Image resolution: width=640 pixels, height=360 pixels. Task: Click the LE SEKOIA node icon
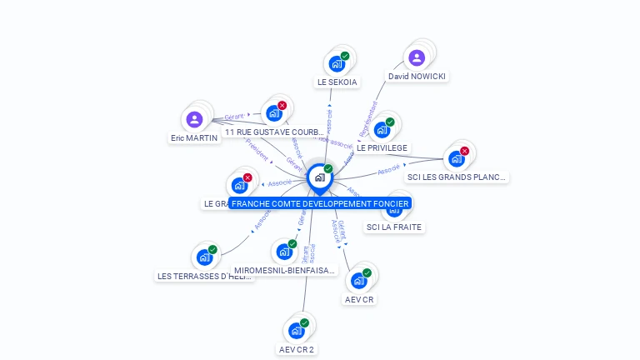337,64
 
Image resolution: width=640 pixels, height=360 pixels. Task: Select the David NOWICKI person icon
416,57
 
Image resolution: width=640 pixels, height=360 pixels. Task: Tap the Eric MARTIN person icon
194,119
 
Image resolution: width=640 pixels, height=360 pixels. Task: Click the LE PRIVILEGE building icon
382,130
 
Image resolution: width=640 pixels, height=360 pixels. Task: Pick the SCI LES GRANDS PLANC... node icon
456,158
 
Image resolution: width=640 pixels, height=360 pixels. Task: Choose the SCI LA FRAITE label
394,227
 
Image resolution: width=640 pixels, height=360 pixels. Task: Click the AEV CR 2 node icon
296,331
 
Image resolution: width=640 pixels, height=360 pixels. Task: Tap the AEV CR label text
359,299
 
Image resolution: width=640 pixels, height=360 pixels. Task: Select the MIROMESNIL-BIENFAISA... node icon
284,252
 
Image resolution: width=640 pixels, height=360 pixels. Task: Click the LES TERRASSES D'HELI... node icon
204,257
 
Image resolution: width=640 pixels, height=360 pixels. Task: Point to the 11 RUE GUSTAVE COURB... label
274,132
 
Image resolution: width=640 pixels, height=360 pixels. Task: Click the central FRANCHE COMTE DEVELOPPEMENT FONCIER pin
319,177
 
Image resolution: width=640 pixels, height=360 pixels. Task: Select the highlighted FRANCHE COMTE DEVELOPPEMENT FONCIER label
321,203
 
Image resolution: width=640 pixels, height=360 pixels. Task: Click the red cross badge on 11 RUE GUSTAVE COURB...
282,106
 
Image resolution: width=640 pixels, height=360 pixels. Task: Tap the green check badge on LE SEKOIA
345,56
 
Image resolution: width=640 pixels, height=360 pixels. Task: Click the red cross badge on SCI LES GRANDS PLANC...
464,151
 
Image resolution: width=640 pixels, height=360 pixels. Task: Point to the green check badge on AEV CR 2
304,322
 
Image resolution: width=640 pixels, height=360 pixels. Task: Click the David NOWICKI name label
417,76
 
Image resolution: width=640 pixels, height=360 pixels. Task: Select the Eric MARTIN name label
194,138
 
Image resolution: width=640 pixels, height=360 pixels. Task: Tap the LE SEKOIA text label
337,82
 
